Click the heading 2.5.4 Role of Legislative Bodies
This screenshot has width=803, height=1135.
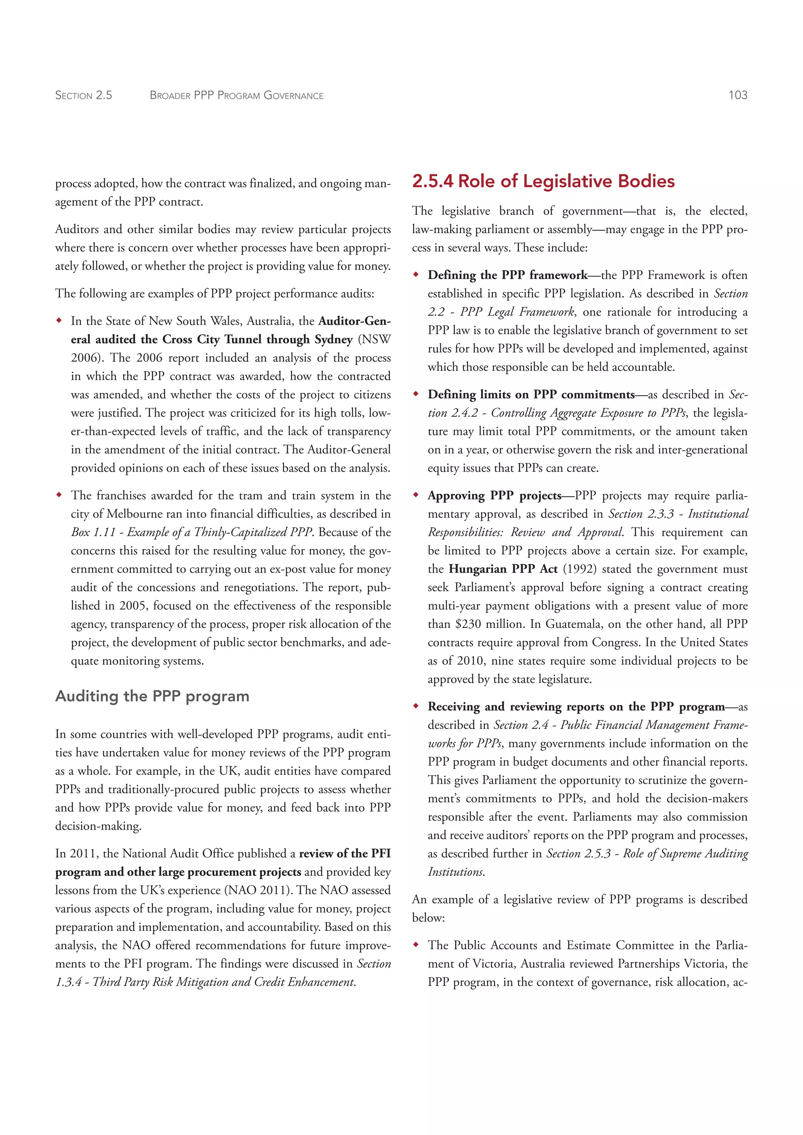pos(543,181)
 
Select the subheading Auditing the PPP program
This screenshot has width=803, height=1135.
pos(152,696)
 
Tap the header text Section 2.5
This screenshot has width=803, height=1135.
pos(84,95)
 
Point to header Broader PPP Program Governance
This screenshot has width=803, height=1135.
pos(236,95)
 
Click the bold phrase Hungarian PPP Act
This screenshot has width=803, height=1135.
pos(503,569)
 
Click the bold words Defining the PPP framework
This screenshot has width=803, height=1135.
pos(507,276)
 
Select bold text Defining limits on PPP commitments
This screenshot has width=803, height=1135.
pos(530,395)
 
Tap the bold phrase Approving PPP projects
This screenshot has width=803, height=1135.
pos(494,496)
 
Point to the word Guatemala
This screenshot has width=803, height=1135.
pos(574,624)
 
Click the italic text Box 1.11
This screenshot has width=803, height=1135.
pos(93,532)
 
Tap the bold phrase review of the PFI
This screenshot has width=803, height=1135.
pos(345,854)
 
